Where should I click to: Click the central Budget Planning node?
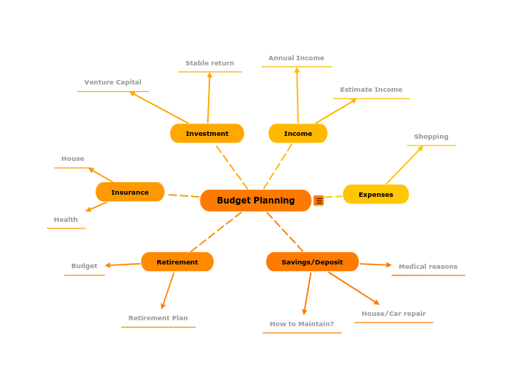click(256, 201)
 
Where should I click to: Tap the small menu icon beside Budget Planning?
click(319, 201)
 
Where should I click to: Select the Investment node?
click(207, 134)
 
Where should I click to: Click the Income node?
click(298, 134)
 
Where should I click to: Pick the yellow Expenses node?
click(376, 195)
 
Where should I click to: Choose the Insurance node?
click(130, 192)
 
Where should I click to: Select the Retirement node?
click(177, 262)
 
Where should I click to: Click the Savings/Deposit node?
click(312, 262)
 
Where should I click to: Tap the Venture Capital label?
click(112, 82)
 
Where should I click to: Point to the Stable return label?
click(209, 63)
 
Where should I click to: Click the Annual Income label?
click(296, 58)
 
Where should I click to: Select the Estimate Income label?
click(371, 90)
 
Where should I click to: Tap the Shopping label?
click(431, 137)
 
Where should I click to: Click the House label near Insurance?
click(73, 159)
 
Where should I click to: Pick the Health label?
click(65, 220)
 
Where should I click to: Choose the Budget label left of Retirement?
click(84, 266)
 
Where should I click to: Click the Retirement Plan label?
click(158, 318)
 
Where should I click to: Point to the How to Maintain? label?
click(302, 324)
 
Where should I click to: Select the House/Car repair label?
click(394, 314)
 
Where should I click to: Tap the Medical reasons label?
click(428, 267)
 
